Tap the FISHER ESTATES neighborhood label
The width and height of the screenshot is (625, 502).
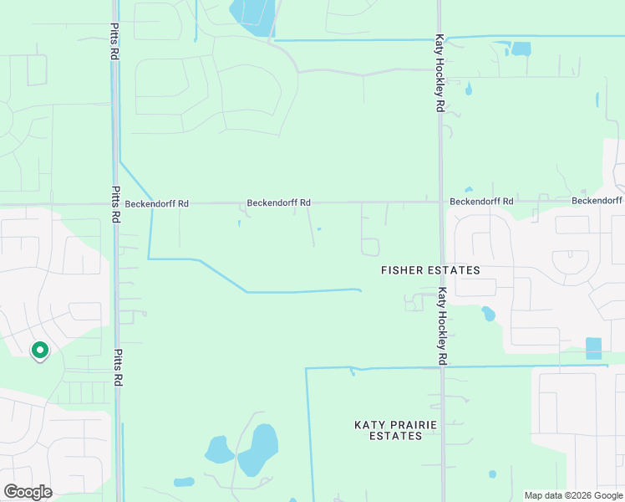pyautogui.click(x=430, y=270)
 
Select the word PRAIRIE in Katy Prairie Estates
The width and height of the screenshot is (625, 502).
pyautogui.click(x=394, y=425)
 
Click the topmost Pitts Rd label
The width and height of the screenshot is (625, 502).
pyautogui.click(x=114, y=41)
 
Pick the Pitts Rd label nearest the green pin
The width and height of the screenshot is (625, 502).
pyautogui.click(x=118, y=367)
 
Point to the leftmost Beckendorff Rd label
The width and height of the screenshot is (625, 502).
pyautogui.click(x=156, y=203)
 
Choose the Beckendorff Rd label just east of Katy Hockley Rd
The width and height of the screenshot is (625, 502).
pyautogui.click(x=481, y=202)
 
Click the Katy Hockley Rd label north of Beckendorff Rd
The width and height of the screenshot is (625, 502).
pyautogui.click(x=439, y=74)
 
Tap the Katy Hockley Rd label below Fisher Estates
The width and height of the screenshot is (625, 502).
pyautogui.click(x=443, y=326)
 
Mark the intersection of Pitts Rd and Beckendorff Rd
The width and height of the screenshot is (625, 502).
pyautogui.click(x=115, y=203)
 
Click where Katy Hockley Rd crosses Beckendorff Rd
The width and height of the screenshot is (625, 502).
pyautogui.click(x=440, y=202)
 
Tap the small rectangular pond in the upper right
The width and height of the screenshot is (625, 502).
pyautogui.click(x=521, y=49)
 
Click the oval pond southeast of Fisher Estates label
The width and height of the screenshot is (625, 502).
pyautogui.click(x=487, y=315)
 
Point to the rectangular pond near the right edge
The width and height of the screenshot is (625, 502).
pyautogui.click(x=593, y=348)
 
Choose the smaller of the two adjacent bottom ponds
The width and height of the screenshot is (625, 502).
pyautogui.click(x=220, y=450)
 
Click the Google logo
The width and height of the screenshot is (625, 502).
pyautogui.click(x=28, y=492)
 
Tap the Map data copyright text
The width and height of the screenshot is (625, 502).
pyautogui.click(x=572, y=495)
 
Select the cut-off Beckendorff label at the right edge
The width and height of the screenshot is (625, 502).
pyautogui.click(x=597, y=201)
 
